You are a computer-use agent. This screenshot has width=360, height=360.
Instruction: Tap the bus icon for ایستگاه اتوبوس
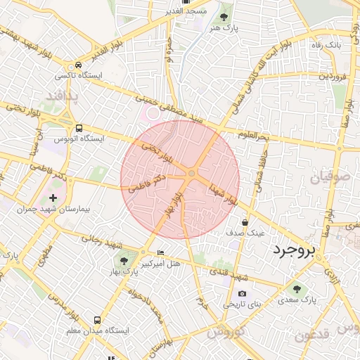(x=79, y=129)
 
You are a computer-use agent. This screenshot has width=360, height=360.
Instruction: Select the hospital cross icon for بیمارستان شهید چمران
(x=53, y=198)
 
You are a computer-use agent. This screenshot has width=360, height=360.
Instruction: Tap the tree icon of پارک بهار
(x=124, y=261)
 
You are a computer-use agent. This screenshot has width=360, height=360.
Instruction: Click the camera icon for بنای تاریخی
(x=243, y=293)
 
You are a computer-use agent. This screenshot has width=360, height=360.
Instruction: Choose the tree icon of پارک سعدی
(x=296, y=288)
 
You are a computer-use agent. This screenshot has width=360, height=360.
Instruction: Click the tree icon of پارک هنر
(x=224, y=16)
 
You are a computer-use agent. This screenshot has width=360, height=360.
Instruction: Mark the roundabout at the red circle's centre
(x=191, y=174)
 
